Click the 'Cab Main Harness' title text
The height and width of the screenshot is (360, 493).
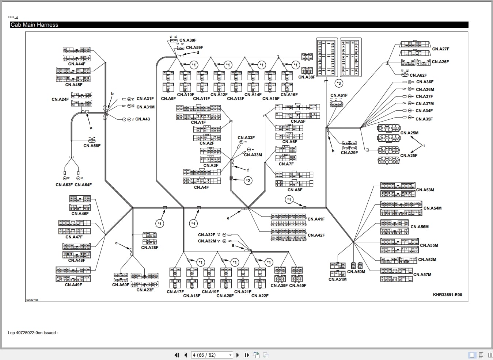[34, 25]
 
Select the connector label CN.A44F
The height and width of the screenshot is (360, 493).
[77, 64]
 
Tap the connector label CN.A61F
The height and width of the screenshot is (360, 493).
[339, 95]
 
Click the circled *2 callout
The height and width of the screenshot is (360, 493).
[248, 181]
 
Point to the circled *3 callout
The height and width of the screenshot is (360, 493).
[339, 84]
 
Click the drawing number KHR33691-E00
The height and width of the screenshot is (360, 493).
[447, 295]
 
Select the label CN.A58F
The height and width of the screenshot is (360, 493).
[92, 146]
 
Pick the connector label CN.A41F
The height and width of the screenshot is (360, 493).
[316, 219]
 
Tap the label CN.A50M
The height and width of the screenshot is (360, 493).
[356, 272]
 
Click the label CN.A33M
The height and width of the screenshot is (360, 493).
[253, 155]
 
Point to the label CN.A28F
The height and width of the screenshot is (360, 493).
[150, 248]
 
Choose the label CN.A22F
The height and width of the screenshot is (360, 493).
[260, 296]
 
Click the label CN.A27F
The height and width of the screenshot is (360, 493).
[440, 49]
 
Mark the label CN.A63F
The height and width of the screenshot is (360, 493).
[64, 185]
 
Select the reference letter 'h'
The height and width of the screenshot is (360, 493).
[333, 151]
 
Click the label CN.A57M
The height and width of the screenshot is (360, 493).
[422, 275]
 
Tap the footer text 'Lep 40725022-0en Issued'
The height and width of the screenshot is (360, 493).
[32, 333]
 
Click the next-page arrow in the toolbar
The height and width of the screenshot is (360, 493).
[238, 355]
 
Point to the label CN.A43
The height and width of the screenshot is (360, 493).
[143, 119]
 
